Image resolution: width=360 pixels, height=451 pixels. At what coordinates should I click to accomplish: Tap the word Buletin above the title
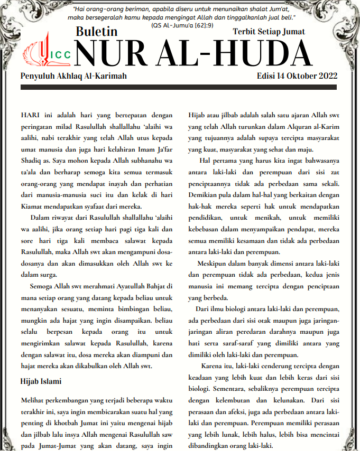coord(96,32)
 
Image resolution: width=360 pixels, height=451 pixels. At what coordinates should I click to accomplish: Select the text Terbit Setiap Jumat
coord(269,32)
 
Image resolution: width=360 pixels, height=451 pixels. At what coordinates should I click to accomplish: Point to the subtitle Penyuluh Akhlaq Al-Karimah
coord(73,77)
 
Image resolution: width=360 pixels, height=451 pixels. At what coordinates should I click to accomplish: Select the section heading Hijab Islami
coord(41,381)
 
